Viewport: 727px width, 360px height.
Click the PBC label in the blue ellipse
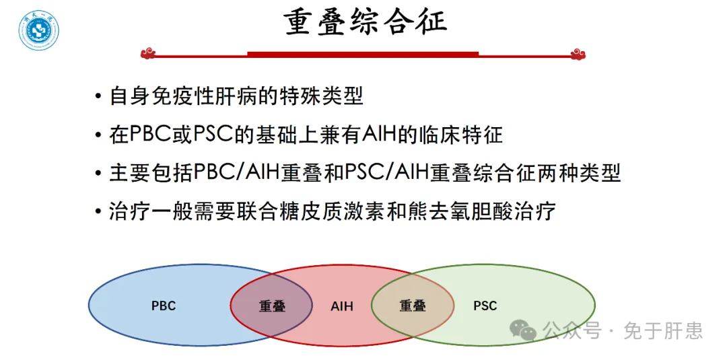164,306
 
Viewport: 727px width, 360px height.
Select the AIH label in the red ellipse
342,306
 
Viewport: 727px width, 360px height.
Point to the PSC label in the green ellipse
485,306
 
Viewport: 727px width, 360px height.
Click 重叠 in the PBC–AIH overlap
272,306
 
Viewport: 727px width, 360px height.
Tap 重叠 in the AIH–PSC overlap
413,306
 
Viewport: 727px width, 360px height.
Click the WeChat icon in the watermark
524,330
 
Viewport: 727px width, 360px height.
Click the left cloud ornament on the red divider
148,54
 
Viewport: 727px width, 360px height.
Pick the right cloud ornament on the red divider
578,54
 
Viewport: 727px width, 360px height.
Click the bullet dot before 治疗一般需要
98,213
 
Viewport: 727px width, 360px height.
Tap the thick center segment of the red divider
363,55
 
